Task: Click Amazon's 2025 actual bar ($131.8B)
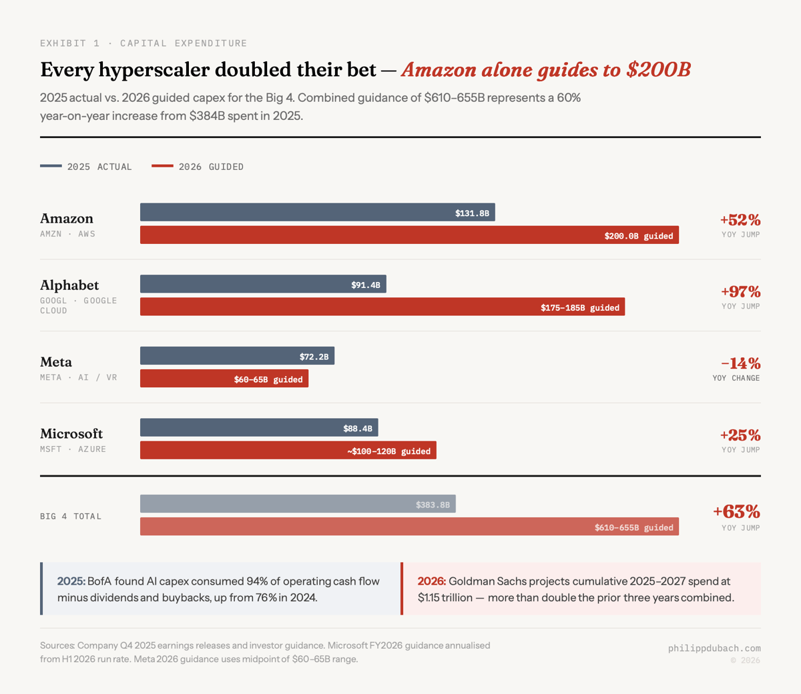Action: click(317, 213)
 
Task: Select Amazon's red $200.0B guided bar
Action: click(409, 235)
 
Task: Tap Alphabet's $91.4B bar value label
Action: click(365, 285)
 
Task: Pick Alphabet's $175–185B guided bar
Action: click(382, 307)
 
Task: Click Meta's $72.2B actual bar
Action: click(237, 356)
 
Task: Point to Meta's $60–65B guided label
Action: click(268, 379)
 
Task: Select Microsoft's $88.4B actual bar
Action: click(259, 428)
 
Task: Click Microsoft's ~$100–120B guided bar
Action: click(288, 451)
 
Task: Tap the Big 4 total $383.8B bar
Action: click(298, 504)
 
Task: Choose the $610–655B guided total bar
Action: click(409, 527)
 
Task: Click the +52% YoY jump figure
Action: click(740, 220)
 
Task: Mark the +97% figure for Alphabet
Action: click(740, 292)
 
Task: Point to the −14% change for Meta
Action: click(740, 363)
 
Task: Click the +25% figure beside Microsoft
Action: click(740, 435)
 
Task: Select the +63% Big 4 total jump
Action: click(736, 512)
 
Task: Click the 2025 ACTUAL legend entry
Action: click(86, 167)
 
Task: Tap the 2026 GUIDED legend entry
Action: click(198, 167)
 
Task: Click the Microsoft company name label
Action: click(71, 434)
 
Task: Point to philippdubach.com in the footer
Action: click(714, 648)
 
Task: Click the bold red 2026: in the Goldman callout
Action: click(431, 581)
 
